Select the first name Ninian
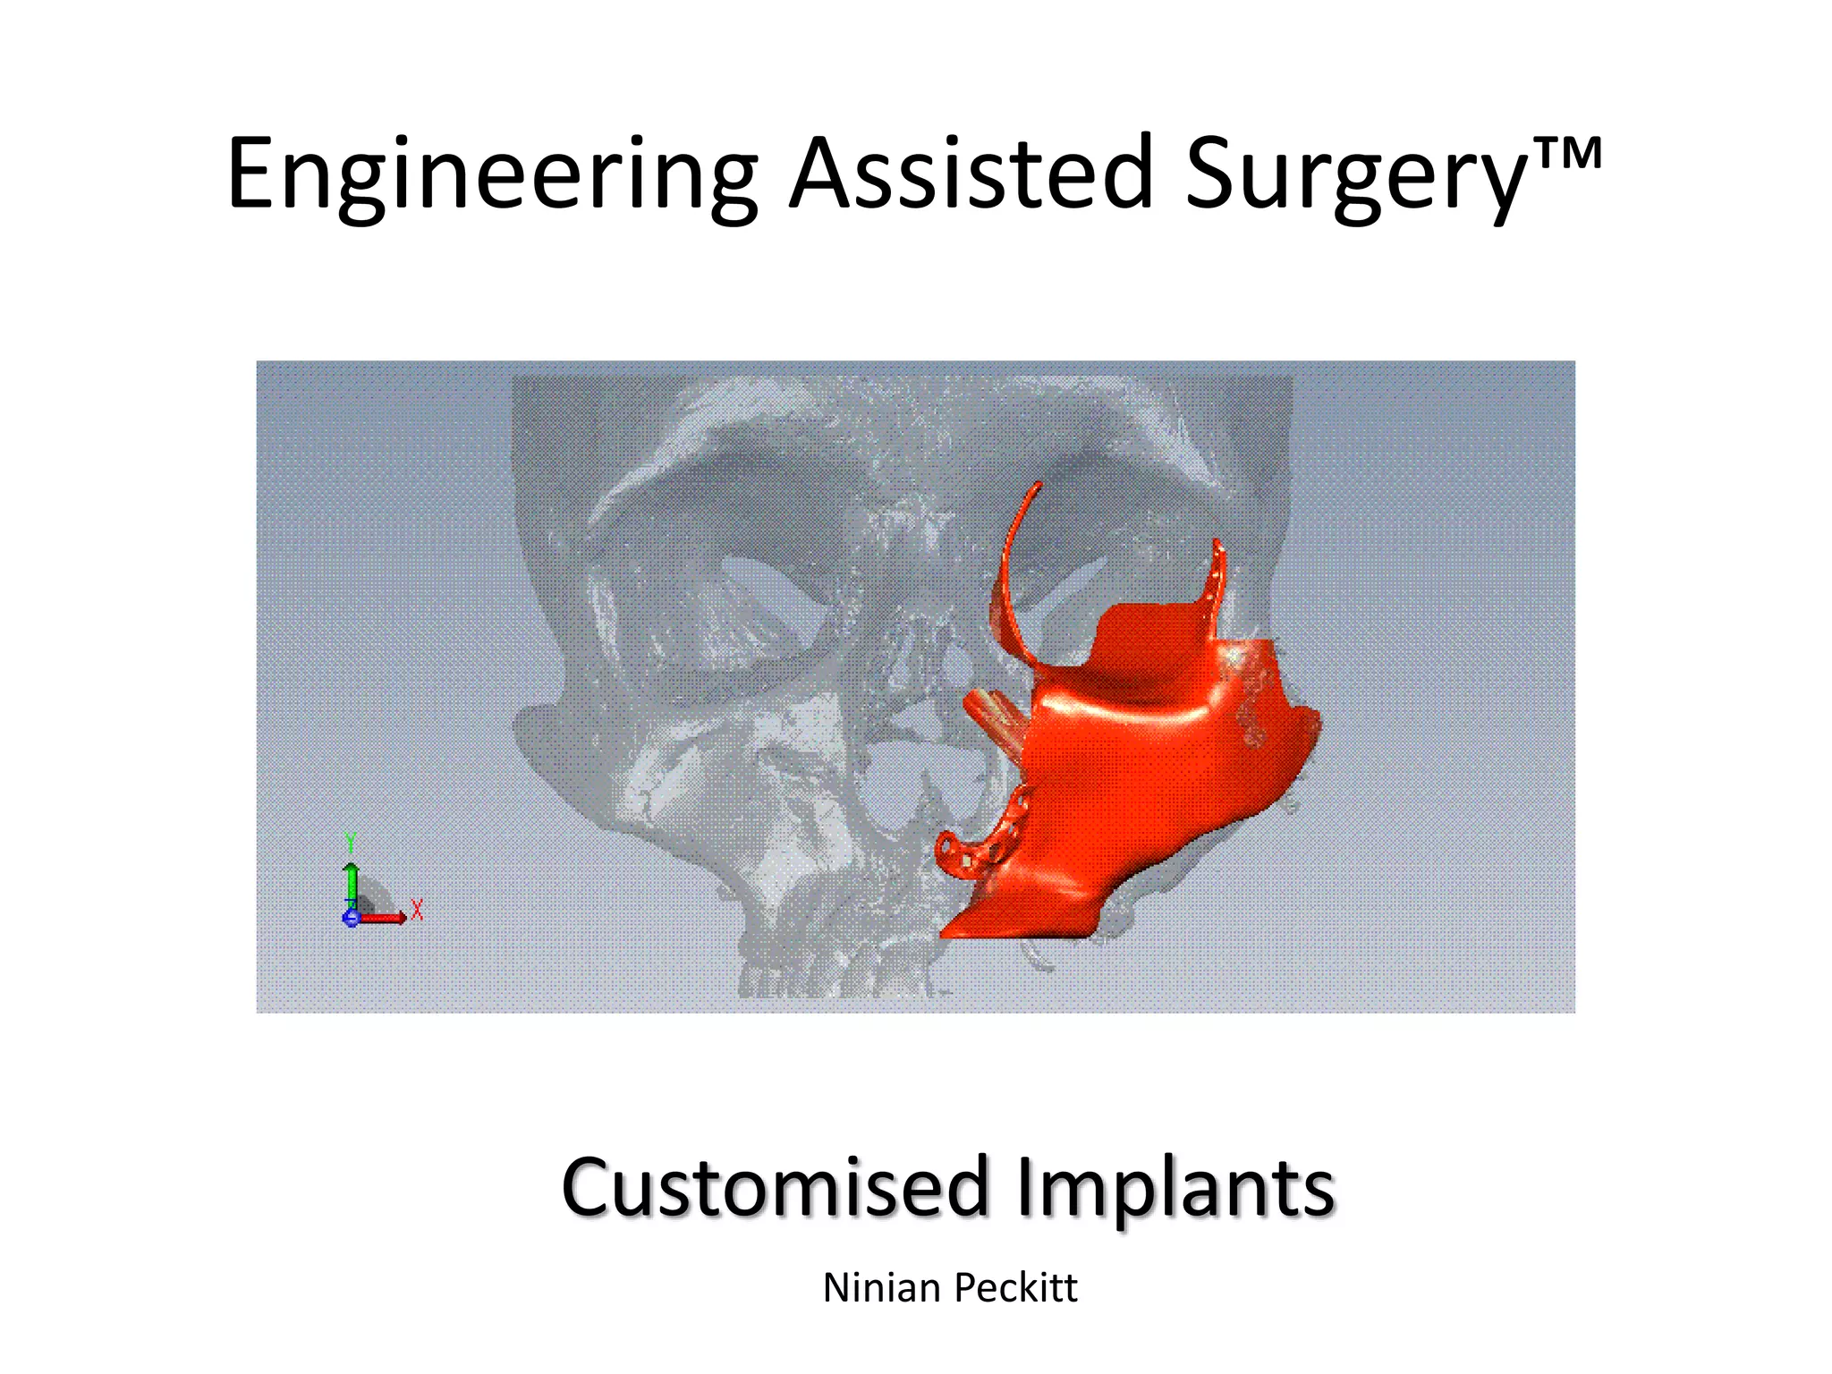click(x=881, y=1288)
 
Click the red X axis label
click(x=417, y=910)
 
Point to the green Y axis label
click(x=351, y=843)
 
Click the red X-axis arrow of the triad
click(x=385, y=917)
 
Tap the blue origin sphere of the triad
click(x=351, y=918)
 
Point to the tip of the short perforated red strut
click(x=1217, y=544)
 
